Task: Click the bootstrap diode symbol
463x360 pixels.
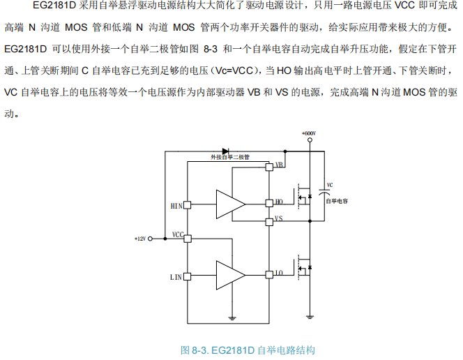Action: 225,151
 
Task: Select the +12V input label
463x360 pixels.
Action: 140,239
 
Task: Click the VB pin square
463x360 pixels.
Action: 268,167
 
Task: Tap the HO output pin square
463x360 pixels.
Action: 268,203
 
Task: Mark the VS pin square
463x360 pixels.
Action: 268,221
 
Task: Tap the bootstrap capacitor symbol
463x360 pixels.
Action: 323,189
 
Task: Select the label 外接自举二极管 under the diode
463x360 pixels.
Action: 229,158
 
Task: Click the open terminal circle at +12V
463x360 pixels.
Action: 151,239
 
